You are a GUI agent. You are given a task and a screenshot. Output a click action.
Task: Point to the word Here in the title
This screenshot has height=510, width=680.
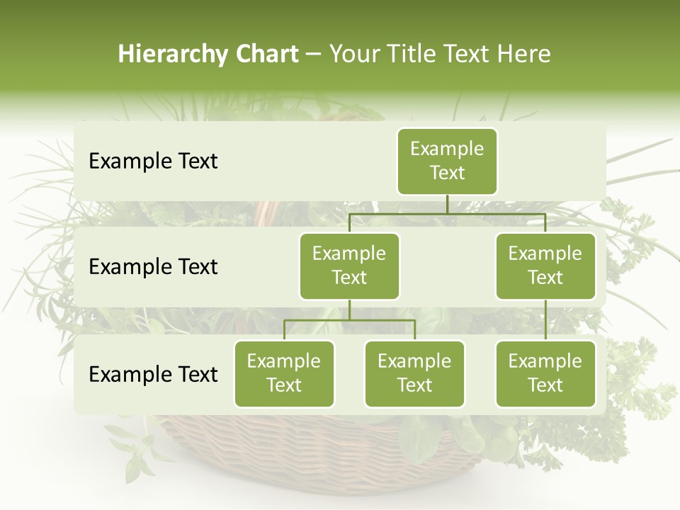pos(524,55)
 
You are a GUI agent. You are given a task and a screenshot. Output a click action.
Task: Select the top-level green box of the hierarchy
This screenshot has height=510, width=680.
pos(447,161)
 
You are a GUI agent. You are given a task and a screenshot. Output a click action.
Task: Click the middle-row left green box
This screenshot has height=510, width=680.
pos(349,266)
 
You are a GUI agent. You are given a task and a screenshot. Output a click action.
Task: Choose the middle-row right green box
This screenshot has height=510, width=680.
pos(545,266)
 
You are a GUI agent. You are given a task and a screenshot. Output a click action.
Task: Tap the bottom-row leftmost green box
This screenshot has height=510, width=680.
pos(284,373)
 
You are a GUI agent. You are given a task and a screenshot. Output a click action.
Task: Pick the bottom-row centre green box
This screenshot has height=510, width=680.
pos(414,373)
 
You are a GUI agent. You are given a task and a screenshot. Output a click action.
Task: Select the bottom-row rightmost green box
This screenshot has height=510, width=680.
pos(545,373)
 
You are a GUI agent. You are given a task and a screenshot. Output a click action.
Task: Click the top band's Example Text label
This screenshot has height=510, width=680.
pos(153,161)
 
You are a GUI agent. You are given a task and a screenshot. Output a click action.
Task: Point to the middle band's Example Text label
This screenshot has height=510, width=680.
pos(153,267)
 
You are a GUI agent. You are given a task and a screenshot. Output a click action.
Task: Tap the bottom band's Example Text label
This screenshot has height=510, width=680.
pos(153,375)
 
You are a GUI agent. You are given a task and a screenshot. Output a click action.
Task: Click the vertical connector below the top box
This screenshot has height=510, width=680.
pos(447,204)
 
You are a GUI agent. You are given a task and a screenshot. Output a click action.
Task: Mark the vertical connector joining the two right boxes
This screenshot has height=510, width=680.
pos(545,320)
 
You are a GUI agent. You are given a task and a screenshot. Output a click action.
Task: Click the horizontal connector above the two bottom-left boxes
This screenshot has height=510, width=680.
pos(349,320)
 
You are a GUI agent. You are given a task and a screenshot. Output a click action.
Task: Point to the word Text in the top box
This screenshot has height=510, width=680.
pos(447,173)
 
